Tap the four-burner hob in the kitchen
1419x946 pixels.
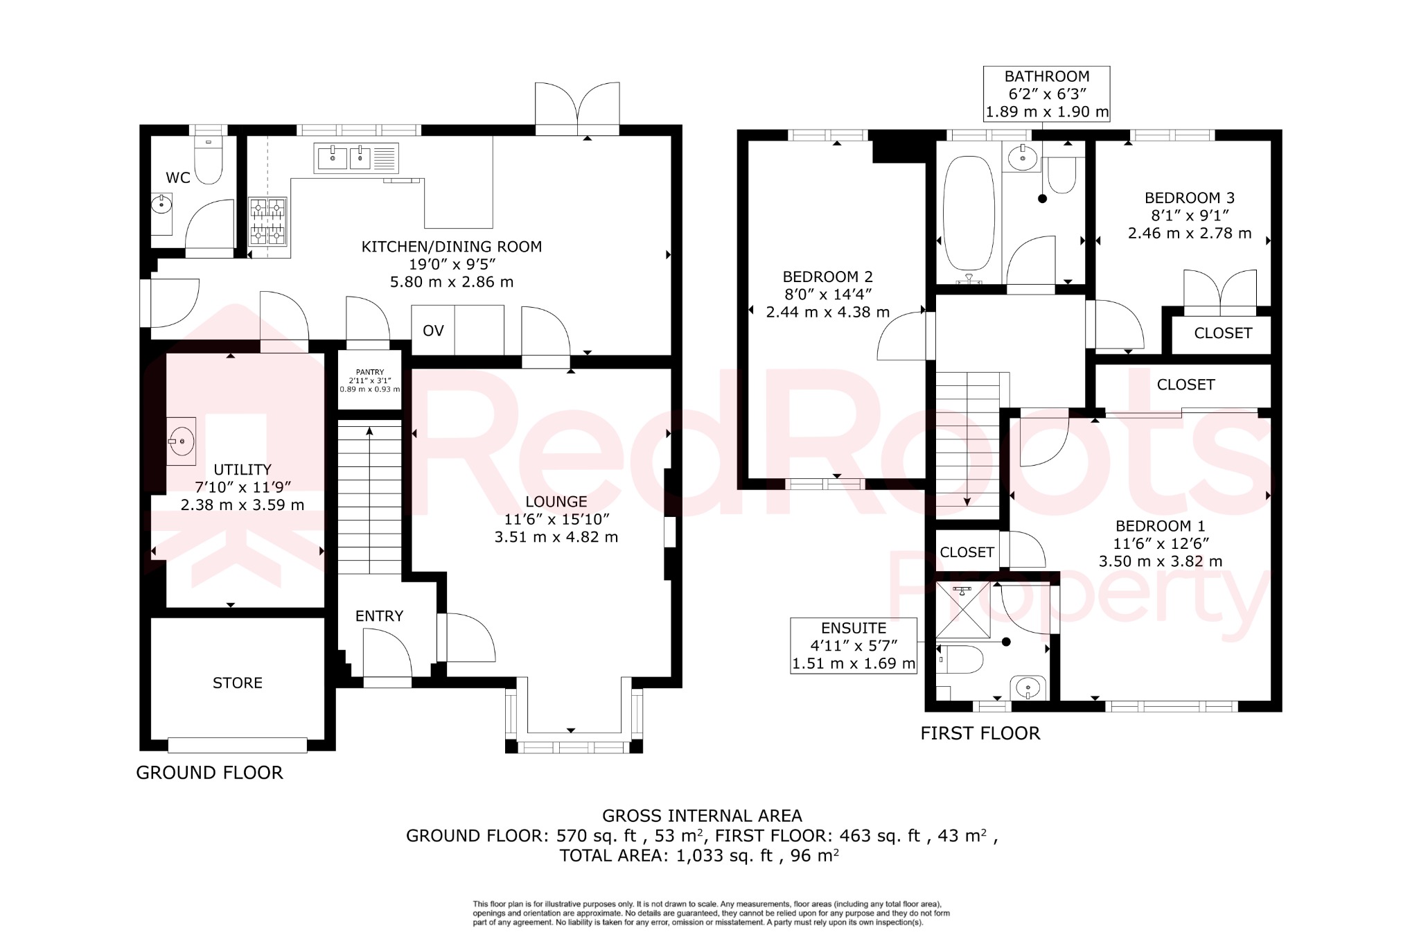(267, 221)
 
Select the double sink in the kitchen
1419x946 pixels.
(355, 158)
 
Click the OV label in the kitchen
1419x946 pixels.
(433, 331)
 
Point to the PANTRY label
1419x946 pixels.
(370, 372)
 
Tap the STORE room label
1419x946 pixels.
(238, 683)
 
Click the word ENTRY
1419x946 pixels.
(379, 616)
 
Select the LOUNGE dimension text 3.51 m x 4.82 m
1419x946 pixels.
(556, 537)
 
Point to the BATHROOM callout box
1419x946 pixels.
(1047, 94)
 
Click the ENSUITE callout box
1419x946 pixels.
(854, 646)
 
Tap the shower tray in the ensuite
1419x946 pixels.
(962, 609)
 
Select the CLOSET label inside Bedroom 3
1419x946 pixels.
(1223, 333)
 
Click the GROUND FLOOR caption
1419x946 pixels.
(209, 773)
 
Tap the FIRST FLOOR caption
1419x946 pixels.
(980, 733)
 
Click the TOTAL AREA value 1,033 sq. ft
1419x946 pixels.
(724, 856)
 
